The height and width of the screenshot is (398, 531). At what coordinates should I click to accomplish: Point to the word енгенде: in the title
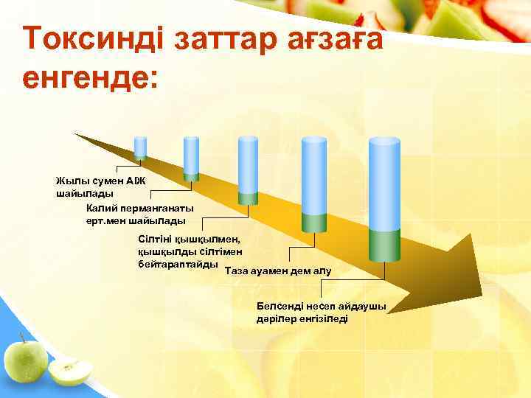pyautogui.click(x=91, y=76)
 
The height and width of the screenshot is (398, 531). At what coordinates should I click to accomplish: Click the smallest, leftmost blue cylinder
pyautogui.click(x=139, y=147)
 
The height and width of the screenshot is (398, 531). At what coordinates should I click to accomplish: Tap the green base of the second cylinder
pyautogui.click(x=191, y=177)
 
